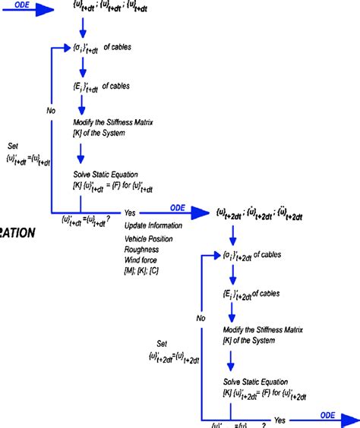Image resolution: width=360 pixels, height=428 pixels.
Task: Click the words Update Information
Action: [153, 225]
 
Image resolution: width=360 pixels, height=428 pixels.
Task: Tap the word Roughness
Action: [142, 249]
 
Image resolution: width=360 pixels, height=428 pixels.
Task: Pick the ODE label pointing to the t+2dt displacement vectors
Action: [176, 207]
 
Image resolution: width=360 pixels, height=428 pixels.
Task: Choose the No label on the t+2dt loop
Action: [201, 318]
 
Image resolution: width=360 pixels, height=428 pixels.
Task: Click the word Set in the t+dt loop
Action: [13, 145]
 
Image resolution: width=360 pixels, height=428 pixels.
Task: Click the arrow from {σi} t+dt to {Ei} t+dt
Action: [80, 67]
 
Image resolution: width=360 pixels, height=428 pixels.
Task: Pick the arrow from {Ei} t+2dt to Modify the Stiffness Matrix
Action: [230, 313]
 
